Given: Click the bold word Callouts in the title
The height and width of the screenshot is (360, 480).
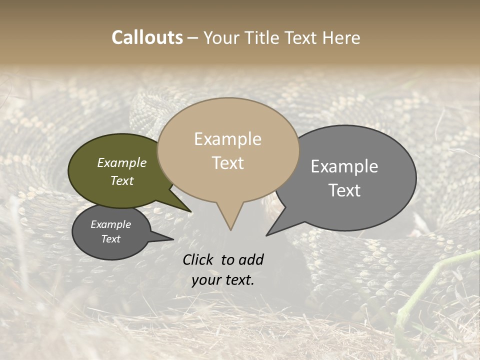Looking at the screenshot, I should tap(147, 37).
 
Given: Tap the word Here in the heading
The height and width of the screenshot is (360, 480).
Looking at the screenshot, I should tap(340, 37).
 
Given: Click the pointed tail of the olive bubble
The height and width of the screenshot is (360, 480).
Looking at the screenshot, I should tap(191, 211).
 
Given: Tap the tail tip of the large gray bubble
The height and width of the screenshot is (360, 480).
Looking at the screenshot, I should tap(267, 235).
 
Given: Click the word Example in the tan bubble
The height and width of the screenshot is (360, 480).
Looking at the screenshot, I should tap(228, 139).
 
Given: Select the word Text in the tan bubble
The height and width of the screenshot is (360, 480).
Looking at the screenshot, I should tap(228, 163).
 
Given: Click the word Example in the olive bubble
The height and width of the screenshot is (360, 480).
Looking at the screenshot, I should tap(122, 163).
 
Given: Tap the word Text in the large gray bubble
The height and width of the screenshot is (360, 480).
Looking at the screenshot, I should tap(344, 190).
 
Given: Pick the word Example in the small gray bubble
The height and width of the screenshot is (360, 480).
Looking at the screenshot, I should tap(111, 224).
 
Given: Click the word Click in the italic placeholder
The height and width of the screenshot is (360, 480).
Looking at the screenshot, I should tap(198, 259).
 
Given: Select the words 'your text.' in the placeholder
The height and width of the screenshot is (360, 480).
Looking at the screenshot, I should tap(223, 280).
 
